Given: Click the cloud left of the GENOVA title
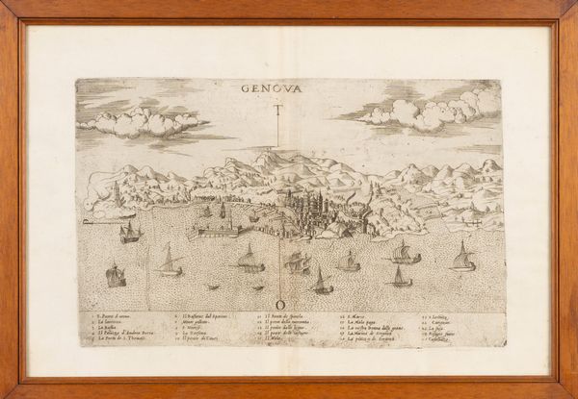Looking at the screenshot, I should coord(142,121).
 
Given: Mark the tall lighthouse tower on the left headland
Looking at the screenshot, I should coord(116,191).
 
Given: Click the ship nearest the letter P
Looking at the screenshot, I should coord(129,232).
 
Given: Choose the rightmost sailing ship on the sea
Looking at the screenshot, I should coord(463,258).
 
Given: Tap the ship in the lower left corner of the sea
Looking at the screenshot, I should coord(116,275).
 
